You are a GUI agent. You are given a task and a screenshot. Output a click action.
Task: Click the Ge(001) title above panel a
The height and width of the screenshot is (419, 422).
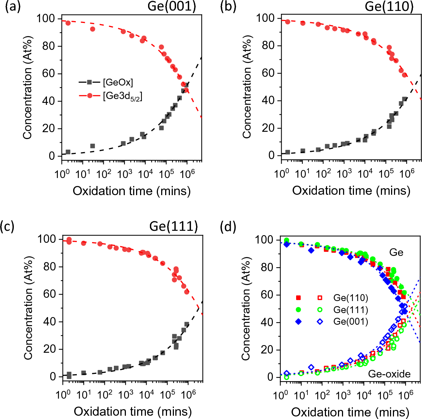[x=172, y=7]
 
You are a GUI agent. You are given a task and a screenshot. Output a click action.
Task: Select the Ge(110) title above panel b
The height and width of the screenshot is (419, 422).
[x=389, y=7]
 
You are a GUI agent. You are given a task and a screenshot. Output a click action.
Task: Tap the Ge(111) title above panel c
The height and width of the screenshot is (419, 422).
[x=174, y=226]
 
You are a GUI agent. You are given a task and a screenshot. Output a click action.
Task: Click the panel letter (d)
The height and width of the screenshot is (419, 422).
[x=228, y=227]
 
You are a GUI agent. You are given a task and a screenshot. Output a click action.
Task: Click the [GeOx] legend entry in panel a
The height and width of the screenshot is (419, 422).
[x=118, y=83]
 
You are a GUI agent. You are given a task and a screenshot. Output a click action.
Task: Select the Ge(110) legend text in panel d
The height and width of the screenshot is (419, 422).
[x=351, y=298]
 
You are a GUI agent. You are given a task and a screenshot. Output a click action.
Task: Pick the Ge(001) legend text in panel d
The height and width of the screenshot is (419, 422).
[x=351, y=322]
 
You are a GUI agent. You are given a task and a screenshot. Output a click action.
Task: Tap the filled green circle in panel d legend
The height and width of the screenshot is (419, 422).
[x=298, y=310]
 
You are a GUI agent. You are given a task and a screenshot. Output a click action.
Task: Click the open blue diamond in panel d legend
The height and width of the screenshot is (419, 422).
[x=320, y=322]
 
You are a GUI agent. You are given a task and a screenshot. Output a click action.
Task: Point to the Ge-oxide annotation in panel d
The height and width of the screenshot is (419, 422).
[x=389, y=374]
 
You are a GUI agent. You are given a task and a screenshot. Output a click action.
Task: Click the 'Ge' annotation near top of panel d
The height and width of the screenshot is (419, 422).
[x=396, y=252]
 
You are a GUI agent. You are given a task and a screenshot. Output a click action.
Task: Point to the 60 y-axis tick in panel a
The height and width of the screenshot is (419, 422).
[x=49, y=74]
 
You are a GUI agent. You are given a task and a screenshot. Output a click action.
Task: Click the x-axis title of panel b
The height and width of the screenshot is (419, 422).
[x=351, y=191]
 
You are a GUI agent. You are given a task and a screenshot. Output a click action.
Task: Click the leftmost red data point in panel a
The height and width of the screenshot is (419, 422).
[x=68, y=23]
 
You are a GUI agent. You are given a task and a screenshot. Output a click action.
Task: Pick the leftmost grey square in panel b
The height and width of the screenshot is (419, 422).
[x=287, y=152]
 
